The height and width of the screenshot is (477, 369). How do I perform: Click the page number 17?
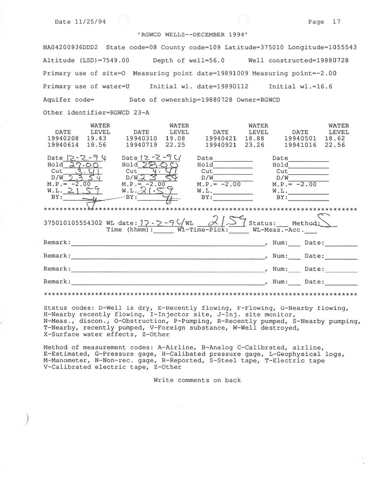tap(336, 22)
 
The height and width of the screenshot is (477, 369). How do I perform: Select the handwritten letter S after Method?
tap(327, 222)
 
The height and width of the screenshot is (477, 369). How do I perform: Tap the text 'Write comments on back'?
tap(197, 380)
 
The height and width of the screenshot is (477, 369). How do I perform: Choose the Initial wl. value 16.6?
tap(325, 86)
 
